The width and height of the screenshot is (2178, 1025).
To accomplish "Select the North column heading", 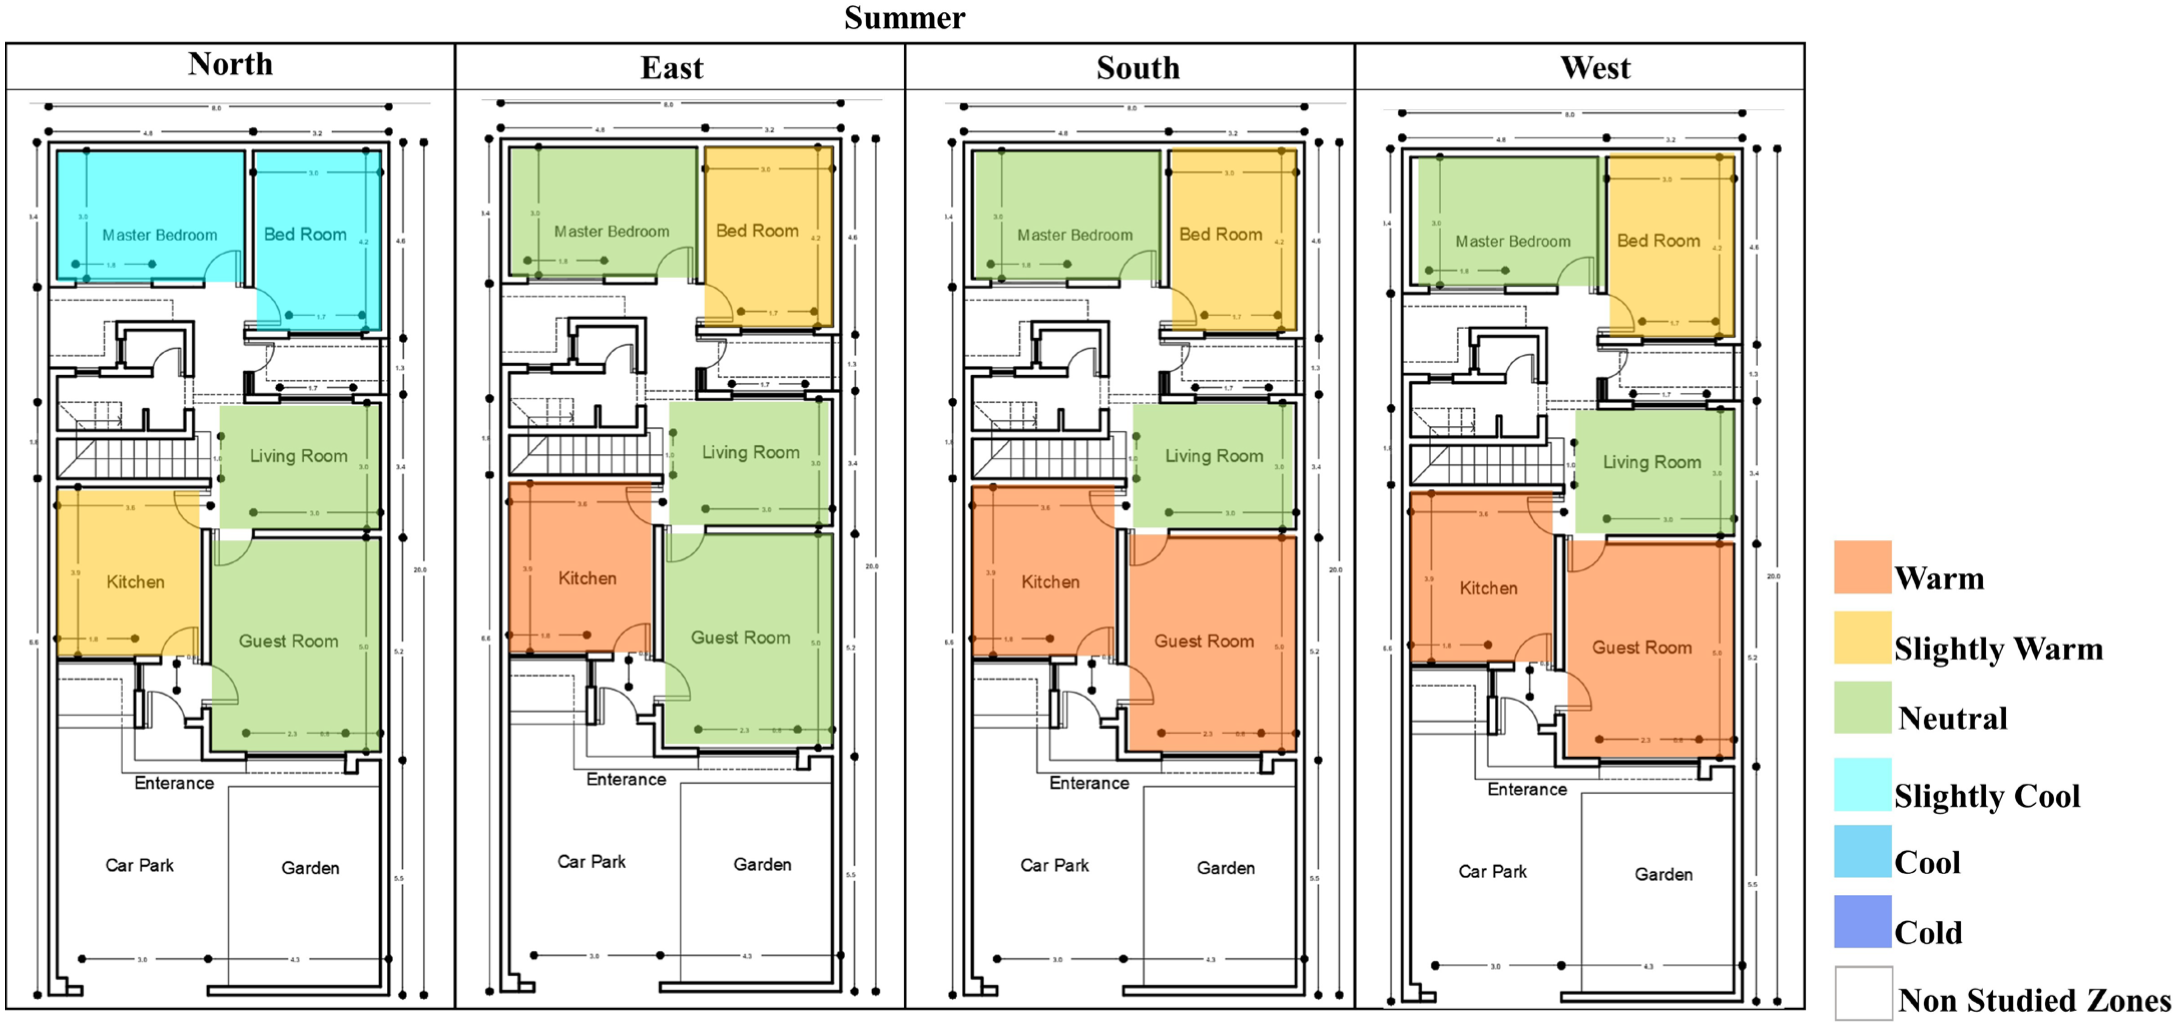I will [230, 64].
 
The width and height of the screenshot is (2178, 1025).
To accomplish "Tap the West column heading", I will [1594, 68].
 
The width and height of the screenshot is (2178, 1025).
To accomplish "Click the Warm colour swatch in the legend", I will [1862, 567].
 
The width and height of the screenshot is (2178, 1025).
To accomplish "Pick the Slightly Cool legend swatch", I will [1862, 784].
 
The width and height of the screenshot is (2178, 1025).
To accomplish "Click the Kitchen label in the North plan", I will [135, 582].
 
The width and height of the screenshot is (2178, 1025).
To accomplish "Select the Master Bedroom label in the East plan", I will [611, 232].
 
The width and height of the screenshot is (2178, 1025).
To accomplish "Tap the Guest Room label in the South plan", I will [1204, 641].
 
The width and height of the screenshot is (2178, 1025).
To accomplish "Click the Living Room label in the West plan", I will [1651, 462].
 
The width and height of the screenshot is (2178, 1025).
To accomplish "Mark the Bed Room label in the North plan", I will [305, 234].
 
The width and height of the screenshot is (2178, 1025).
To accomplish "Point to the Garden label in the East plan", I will [762, 864].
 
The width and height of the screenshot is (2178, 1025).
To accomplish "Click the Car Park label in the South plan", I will [1054, 865].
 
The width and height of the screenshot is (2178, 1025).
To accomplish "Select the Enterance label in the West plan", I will [1527, 789].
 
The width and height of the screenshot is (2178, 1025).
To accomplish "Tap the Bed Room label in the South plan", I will [1220, 234].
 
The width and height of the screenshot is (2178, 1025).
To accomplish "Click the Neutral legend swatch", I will [1862, 707].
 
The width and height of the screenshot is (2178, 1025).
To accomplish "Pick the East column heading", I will [671, 68].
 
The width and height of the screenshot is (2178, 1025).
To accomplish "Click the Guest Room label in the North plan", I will [289, 641].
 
